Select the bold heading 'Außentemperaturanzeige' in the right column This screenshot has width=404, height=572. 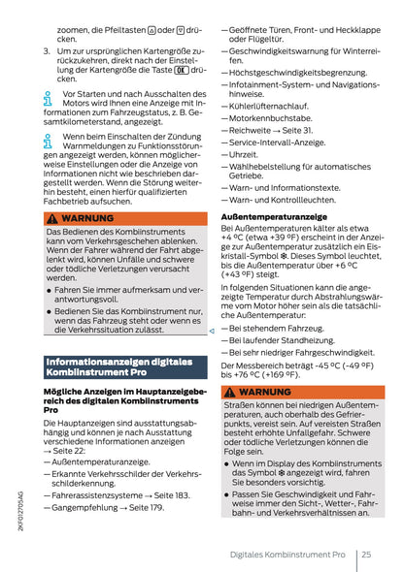(273, 216)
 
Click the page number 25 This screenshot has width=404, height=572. (365, 554)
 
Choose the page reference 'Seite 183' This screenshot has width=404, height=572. (171, 494)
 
